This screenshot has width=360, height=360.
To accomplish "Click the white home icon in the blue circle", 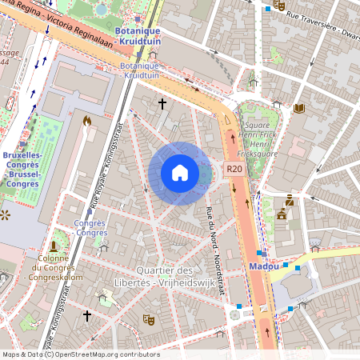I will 180,173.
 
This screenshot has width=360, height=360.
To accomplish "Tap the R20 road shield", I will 234,169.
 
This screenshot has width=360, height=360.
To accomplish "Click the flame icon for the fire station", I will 86,121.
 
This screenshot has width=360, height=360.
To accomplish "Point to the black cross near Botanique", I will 162,103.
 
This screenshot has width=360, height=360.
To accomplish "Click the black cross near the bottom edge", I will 87,317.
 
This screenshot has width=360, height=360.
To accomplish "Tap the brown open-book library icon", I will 300,108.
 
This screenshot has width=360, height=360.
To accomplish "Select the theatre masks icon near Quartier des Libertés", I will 147,319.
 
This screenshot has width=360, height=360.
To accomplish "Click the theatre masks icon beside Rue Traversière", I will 278,5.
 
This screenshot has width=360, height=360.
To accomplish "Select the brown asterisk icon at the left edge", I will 5,214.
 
